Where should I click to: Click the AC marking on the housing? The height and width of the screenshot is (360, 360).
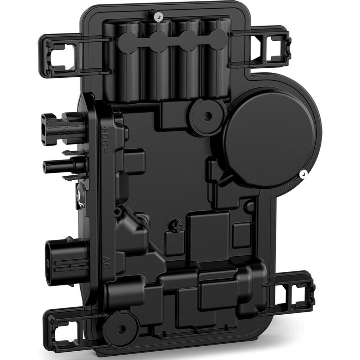click(x=105, y=260)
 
